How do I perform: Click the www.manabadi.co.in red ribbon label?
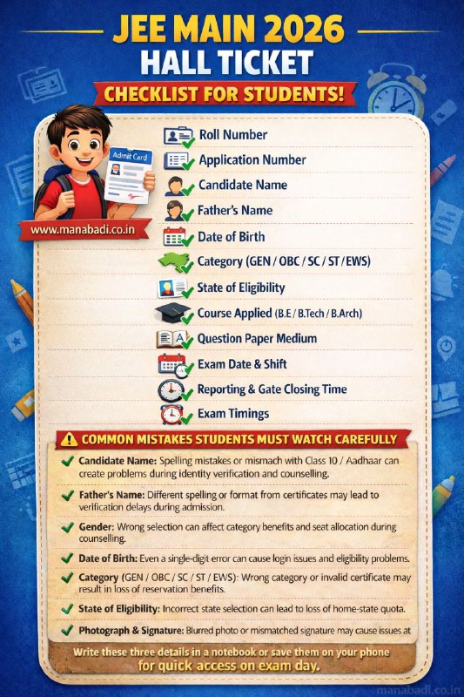click(x=82, y=230)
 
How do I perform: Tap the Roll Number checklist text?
click(x=232, y=135)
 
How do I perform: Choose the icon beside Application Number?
click(x=178, y=161)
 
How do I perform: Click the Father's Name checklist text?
click(x=235, y=211)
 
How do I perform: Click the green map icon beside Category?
click(x=171, y=262)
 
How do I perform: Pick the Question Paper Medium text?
click(x=257, y=338)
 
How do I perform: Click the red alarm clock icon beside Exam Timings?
click(x=171, y=415)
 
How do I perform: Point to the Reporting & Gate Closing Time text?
click(x=272, y=389)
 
